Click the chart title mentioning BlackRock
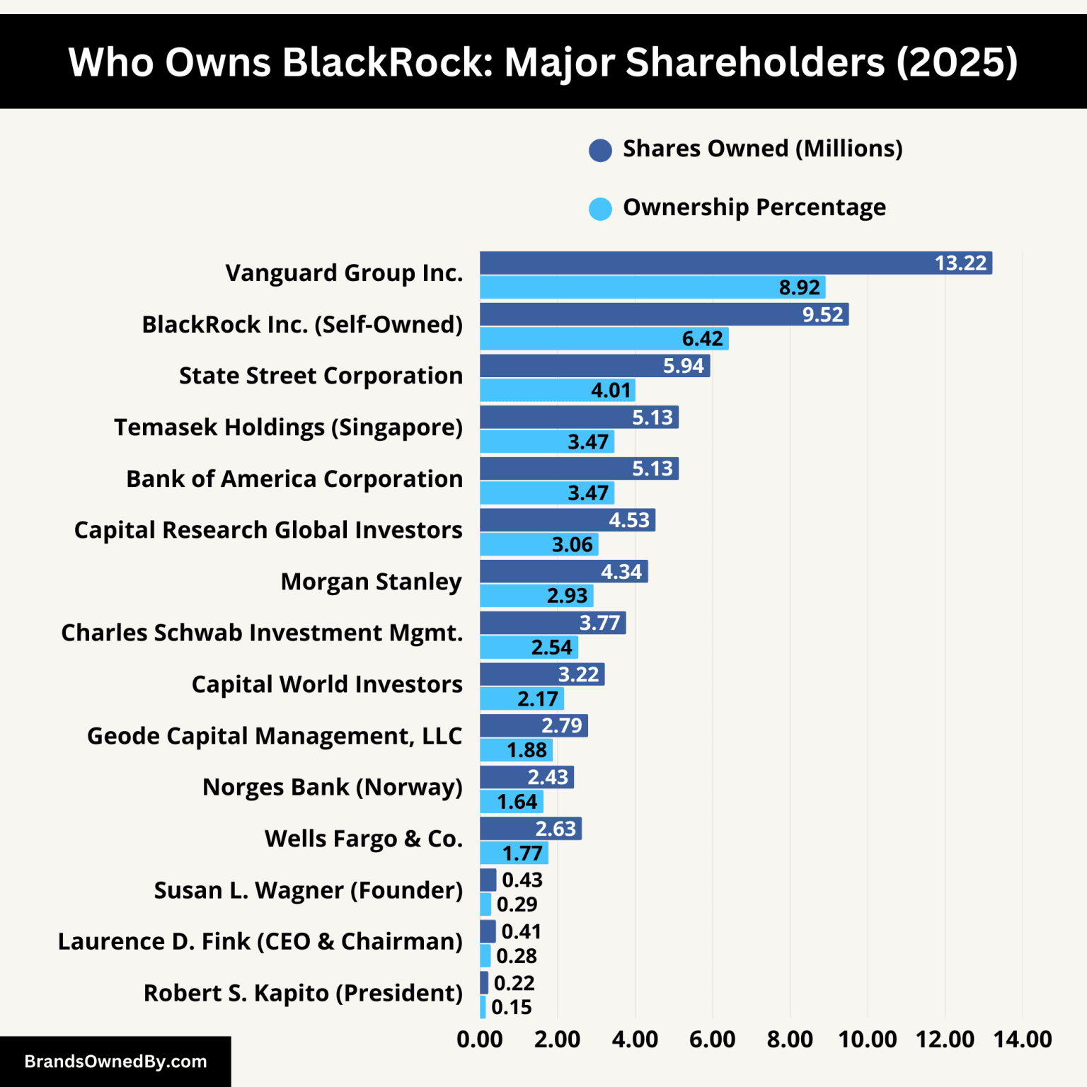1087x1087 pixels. click(x=543, y=62)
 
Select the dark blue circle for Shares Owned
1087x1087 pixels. click(x=600, y=150)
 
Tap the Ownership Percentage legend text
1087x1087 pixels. click(x=754, y=207)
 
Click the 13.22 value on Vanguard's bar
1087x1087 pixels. click(x=960, y=263)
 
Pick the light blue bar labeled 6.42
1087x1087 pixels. click(x=604, y=339)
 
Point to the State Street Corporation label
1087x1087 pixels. click(x=321, y=376)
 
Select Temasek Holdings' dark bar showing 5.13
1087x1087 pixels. click(x=579, y=418)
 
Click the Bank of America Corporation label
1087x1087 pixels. click(x=294, y=479)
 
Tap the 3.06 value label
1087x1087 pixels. click(x=572, y=545)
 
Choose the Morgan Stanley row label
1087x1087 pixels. click(x=371, y=582)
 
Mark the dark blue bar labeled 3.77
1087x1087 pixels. click(x=552, y=623)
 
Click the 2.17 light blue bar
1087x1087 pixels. click(x=522, y=699)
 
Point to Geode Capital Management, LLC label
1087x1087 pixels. click(x=275, y=736)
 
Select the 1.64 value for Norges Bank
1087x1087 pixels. click(x=517, y=802)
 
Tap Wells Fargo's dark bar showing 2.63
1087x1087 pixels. click(x=530, y=829)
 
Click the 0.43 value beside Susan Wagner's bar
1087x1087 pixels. click(x=522, y=880)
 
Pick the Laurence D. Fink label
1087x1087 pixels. click(x=260, y=942)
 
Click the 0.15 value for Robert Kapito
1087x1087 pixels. click(x=511, y=1007)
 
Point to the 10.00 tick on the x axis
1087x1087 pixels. click(x=867, y=1040)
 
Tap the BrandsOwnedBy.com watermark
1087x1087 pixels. click(x=115, y=1062)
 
